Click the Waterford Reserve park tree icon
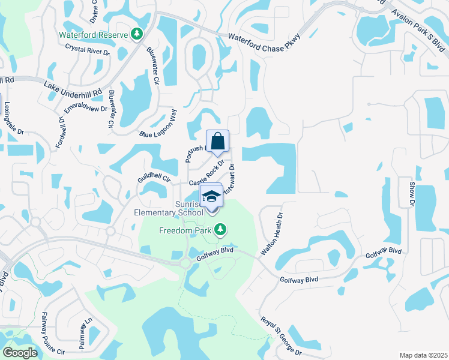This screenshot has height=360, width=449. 138,34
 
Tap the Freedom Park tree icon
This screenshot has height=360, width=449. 221,229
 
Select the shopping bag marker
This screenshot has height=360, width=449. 217,142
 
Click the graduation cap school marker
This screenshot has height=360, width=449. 211,196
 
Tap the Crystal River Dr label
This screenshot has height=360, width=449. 88,50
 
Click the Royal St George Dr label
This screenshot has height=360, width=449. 281,335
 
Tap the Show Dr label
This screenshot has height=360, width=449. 412,194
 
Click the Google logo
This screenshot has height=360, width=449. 20,353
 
